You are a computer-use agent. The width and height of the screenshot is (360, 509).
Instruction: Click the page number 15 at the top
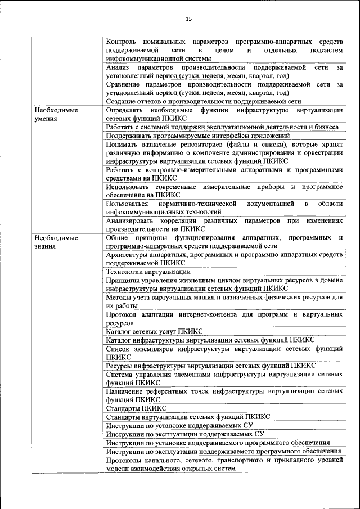(x=188, y=19)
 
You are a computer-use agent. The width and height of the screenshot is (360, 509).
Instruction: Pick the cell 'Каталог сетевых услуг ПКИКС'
(x=154, y=331)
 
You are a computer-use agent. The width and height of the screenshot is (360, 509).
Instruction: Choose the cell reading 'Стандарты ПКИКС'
(x=136, y=408)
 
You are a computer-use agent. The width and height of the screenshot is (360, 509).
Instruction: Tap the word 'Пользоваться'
(x=127, y=204)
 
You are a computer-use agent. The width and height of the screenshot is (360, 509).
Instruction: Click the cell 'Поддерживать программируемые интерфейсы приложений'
(x=198, y=136)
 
